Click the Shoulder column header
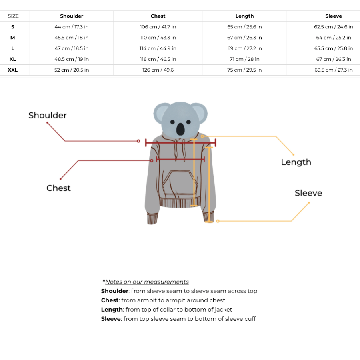click(72, 16)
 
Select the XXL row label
click(13, 70)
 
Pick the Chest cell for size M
click(158, 38)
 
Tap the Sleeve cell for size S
click(334, 27)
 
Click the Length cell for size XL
click(244, 59)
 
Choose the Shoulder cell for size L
click(72, 48)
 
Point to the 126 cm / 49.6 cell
click(158, 70)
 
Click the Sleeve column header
click(334, 16)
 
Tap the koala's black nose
click(180, 129)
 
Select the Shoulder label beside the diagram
click(48, 116)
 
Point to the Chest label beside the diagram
click(58, 188)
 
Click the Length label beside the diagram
click(296, 162)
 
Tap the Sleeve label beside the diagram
click(308, 193)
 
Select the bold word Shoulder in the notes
click(115, 291)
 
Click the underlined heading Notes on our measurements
click(147, 282)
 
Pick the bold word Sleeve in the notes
click(111, 319)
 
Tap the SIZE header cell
click(13, 16)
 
